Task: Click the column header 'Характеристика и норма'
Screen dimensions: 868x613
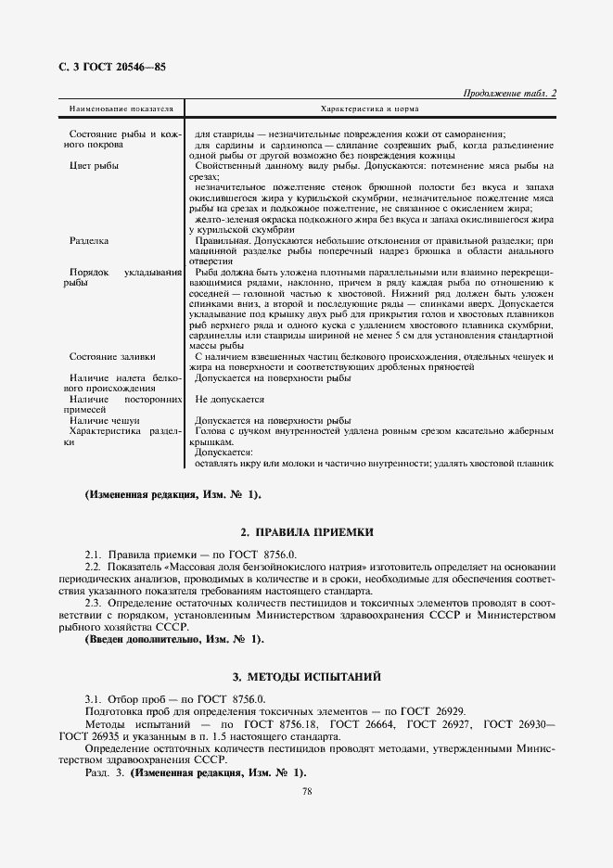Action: pyautogui.click(x=370, y=108)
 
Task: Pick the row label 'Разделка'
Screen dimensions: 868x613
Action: pyautogui.click(x=90, y=240)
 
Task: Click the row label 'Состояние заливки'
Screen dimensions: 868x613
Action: pyautogui.click(x=112, y=356)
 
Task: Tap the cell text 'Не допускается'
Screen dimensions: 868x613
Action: pyautogui.click(x=230, y=400)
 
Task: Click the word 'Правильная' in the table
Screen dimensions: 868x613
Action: pyautogui.click(x=223, y=240)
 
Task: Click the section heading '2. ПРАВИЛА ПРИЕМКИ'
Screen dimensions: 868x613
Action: pyautogui.click(x=306, y=532)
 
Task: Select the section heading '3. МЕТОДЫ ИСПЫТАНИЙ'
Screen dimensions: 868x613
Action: pyautogui.click(x=306, y=678)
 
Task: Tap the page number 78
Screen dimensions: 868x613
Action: pyautogui.click(x=306, y=791)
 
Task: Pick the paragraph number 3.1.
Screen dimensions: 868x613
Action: pyautogui.click(x=93, y=699)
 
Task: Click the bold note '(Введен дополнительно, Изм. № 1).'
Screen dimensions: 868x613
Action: pyautogui.click(x=174, y=639)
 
